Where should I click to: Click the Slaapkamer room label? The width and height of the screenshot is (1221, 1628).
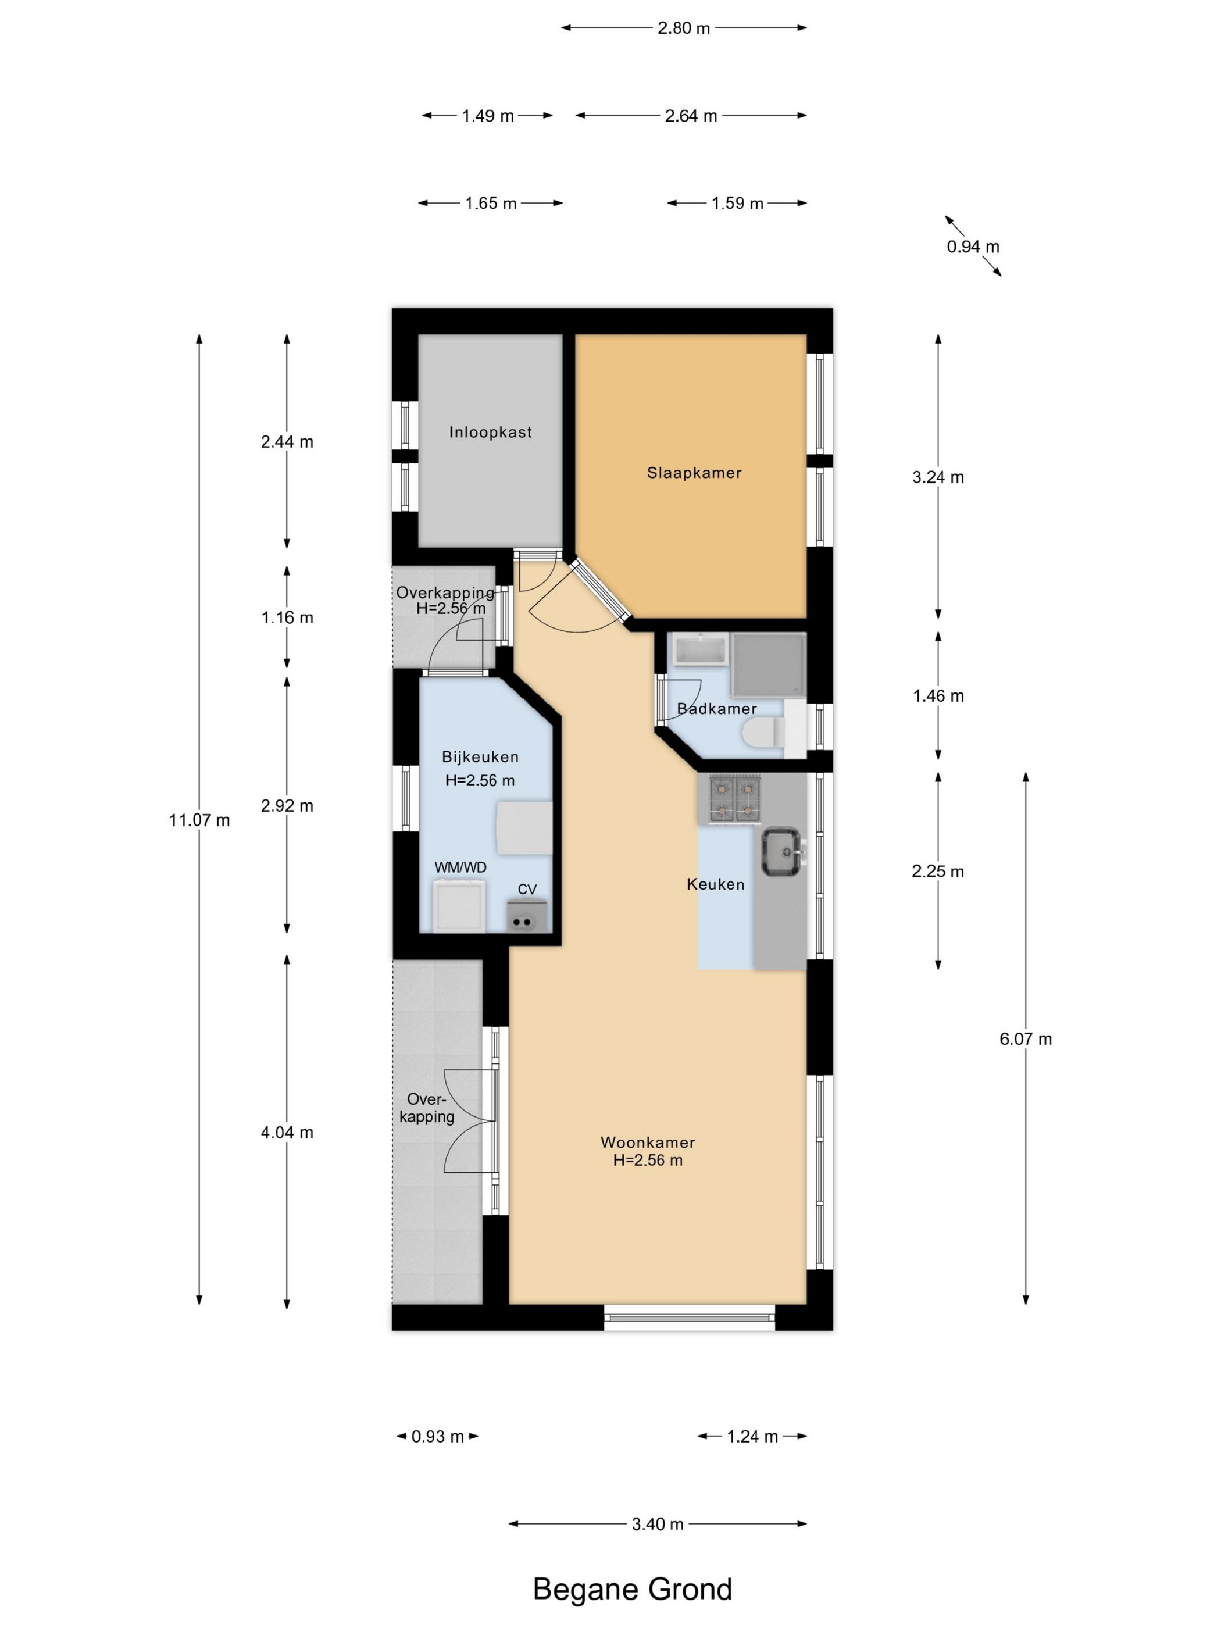coord(693,473)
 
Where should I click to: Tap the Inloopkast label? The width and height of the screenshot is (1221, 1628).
coord(490,432)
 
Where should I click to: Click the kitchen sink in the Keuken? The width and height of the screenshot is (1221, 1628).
coord(781,852)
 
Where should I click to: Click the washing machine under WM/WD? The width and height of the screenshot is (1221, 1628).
coord(459,906)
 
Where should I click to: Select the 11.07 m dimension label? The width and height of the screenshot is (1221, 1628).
coord(199,820)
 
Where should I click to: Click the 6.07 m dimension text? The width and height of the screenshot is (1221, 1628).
coord(1025,1038)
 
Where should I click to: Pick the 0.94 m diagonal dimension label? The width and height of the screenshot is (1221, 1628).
coord(973,247)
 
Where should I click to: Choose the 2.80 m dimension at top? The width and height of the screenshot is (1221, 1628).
coord(684,28)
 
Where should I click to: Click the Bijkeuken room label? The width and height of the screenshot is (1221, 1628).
coord(480,756)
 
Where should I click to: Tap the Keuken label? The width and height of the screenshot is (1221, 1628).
coord(715,884)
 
